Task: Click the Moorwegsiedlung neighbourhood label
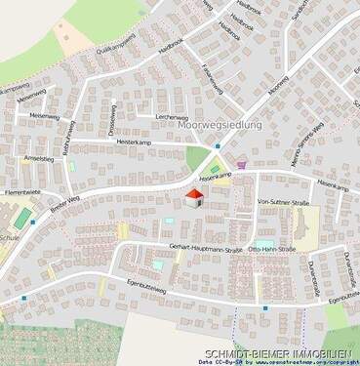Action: tap(221, 126)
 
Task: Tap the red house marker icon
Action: tap(194, 198)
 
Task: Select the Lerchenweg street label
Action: tap(171, 116)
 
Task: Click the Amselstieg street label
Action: tap(38, 157)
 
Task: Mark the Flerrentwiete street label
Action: tap(21, 192)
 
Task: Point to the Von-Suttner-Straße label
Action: tap(282, 201)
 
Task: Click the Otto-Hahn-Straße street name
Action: tap(277, 246)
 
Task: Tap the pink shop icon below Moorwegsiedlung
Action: tap(241, 165)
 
